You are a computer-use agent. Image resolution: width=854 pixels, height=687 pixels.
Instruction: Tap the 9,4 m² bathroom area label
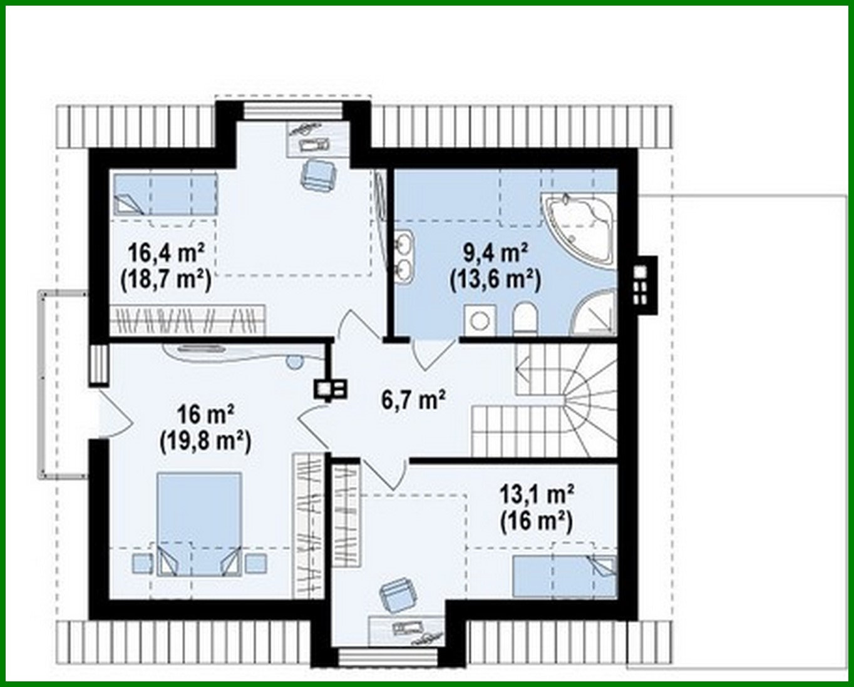click(495, 253)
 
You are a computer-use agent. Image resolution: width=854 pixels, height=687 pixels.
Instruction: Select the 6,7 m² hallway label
click(414, 399)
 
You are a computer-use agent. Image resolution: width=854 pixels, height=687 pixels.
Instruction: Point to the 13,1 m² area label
click(537, 494)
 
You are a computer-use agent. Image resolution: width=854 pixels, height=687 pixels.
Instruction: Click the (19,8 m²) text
click(205, 442)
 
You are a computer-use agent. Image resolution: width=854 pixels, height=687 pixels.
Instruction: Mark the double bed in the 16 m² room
click(199, 522)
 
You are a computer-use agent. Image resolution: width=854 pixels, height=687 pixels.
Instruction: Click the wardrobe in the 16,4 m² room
click(188, 320)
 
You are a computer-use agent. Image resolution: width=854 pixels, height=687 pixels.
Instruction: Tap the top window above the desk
click(293, 110)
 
